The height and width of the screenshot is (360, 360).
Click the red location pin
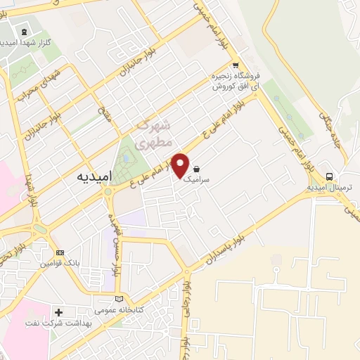coord(181,165)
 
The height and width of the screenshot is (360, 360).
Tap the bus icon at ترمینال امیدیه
coord(330,176)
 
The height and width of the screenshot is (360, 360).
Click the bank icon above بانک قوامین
coord(60,252)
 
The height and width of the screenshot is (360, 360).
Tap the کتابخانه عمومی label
coord(117,309)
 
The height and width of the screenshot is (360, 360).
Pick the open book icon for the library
coord(118,298)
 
